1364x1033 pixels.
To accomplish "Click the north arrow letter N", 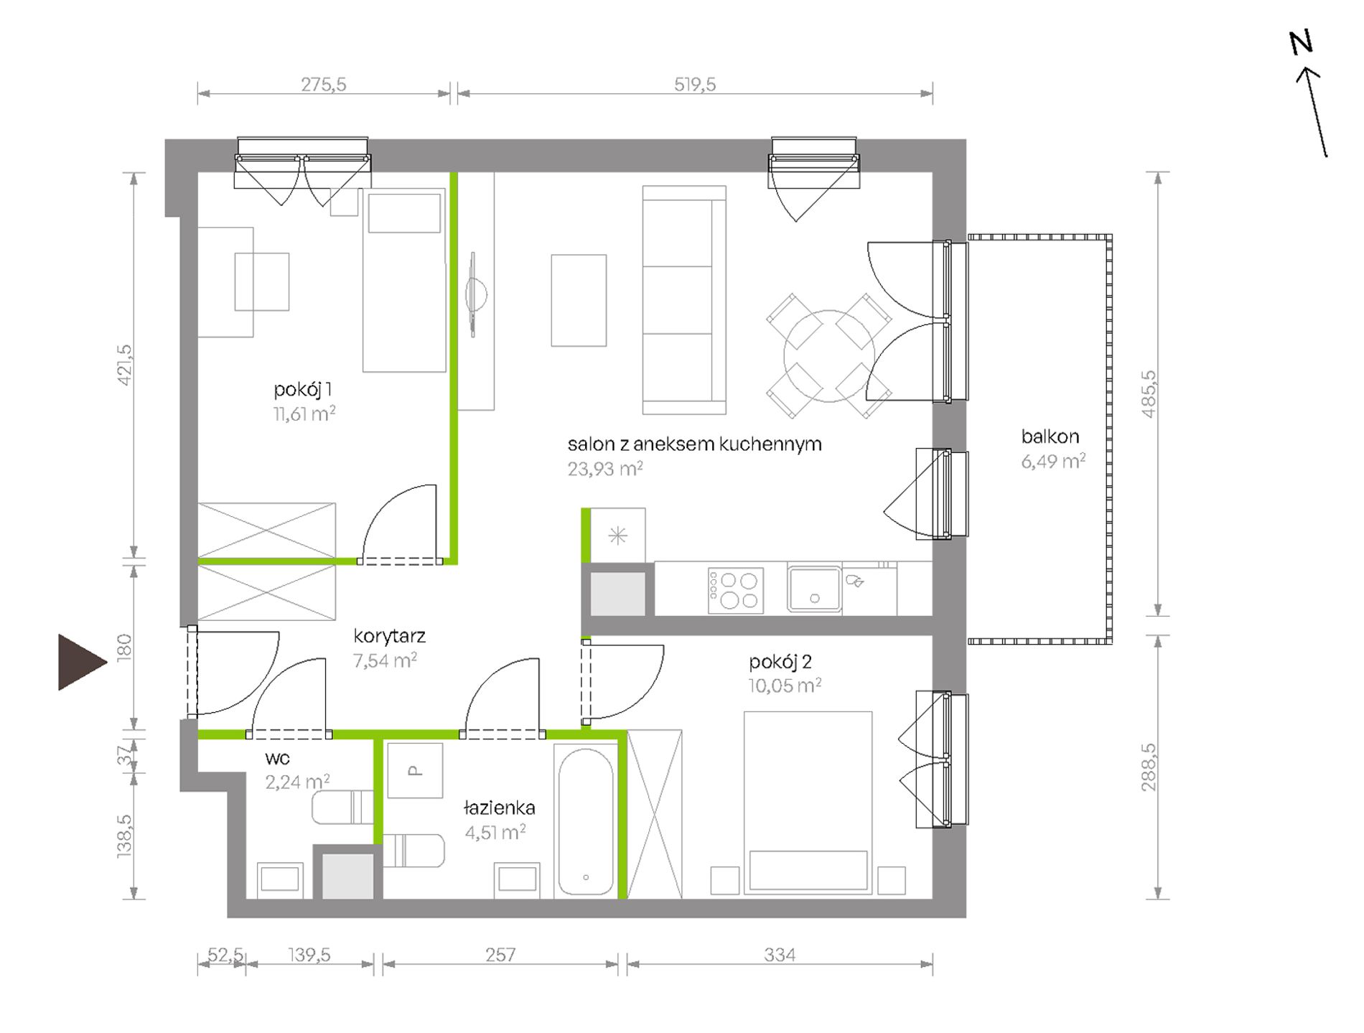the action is (1301, 42).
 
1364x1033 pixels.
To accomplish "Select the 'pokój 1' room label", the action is (302, 390).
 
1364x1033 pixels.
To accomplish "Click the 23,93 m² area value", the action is (605, 469).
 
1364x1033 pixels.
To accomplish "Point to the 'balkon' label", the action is (1050, 436).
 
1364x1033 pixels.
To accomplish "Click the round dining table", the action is (829, 356).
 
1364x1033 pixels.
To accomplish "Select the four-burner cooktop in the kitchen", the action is (735, 591).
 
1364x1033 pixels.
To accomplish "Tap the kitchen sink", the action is (814, 589).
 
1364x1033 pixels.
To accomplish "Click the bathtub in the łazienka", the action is (586, 821).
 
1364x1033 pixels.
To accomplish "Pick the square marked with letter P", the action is (415, 770).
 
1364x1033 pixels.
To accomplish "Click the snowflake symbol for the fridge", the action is (617, 536).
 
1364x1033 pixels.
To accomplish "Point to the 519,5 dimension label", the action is (694, 84).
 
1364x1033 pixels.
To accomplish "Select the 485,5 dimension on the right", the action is (1148, 394).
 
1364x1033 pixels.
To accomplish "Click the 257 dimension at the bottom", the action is (500, 955).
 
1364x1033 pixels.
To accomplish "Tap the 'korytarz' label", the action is (389, 636).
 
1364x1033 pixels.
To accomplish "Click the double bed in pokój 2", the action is (808, 803).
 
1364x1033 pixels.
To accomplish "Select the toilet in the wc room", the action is (342, 808).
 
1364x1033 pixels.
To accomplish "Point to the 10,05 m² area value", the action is (784, 686).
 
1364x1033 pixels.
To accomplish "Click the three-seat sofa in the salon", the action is (684, 300).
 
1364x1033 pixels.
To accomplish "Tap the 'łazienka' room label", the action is (499, 808).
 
